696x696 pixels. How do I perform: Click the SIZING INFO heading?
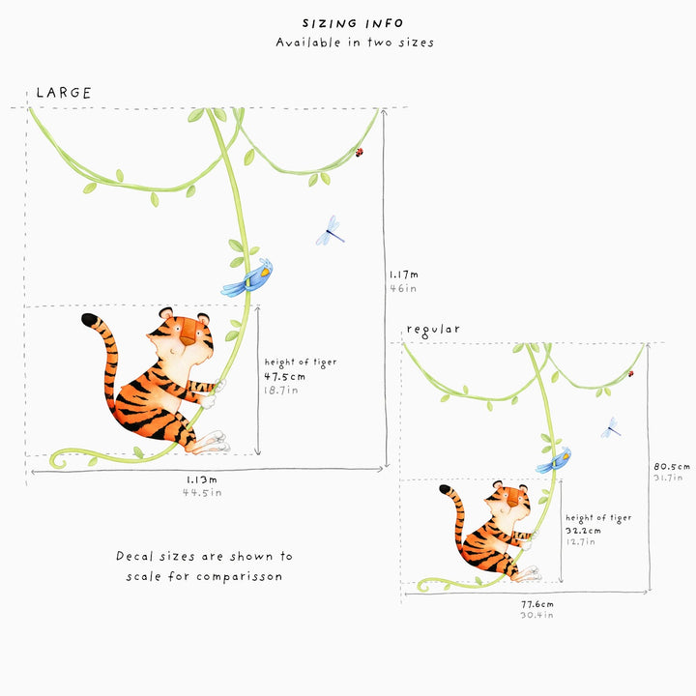pyautogui.click(x=353, y=23)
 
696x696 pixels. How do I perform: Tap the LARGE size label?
pyautogui.click(x=64, y=93)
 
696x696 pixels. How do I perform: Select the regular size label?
pyautogui.click(x=433, y=330)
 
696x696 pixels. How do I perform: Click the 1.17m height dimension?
pyautogui.click(x=403, y=275)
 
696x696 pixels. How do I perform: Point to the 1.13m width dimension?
pyautogui.click(x=201, y=479)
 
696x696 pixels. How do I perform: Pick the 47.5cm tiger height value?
pyautogui.click(x=284, y=377)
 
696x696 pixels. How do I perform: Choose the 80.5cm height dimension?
pyautogui.click(x=672, y=467)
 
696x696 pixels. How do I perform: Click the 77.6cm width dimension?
pyautogui.click(x=537, y=604)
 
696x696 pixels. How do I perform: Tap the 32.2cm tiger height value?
pyautogui.click(x=583, y=531)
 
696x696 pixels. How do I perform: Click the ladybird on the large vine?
pyautogui.click(x=359, y=153)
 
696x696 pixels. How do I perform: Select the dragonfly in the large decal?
pyautogui.click(x=330, y=230)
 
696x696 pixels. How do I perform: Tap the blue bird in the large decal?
pyautogui.click(x=247, y=278)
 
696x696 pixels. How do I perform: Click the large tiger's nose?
pyautogui.click(x=188, y=340)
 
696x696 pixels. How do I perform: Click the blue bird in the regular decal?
pyautogui.click(x=553, y=461)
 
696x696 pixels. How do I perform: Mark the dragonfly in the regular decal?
pyautogui.click(x=611, y=427)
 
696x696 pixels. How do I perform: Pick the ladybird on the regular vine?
pyautogui.click(x=630, y=374)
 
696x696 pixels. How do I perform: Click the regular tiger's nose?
pyautogui.click(x=512, y=504)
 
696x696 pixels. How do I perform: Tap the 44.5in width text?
pyautogui.click(x=202, y=493)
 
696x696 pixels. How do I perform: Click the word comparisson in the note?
pyautogui.click(x=240, y=576)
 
